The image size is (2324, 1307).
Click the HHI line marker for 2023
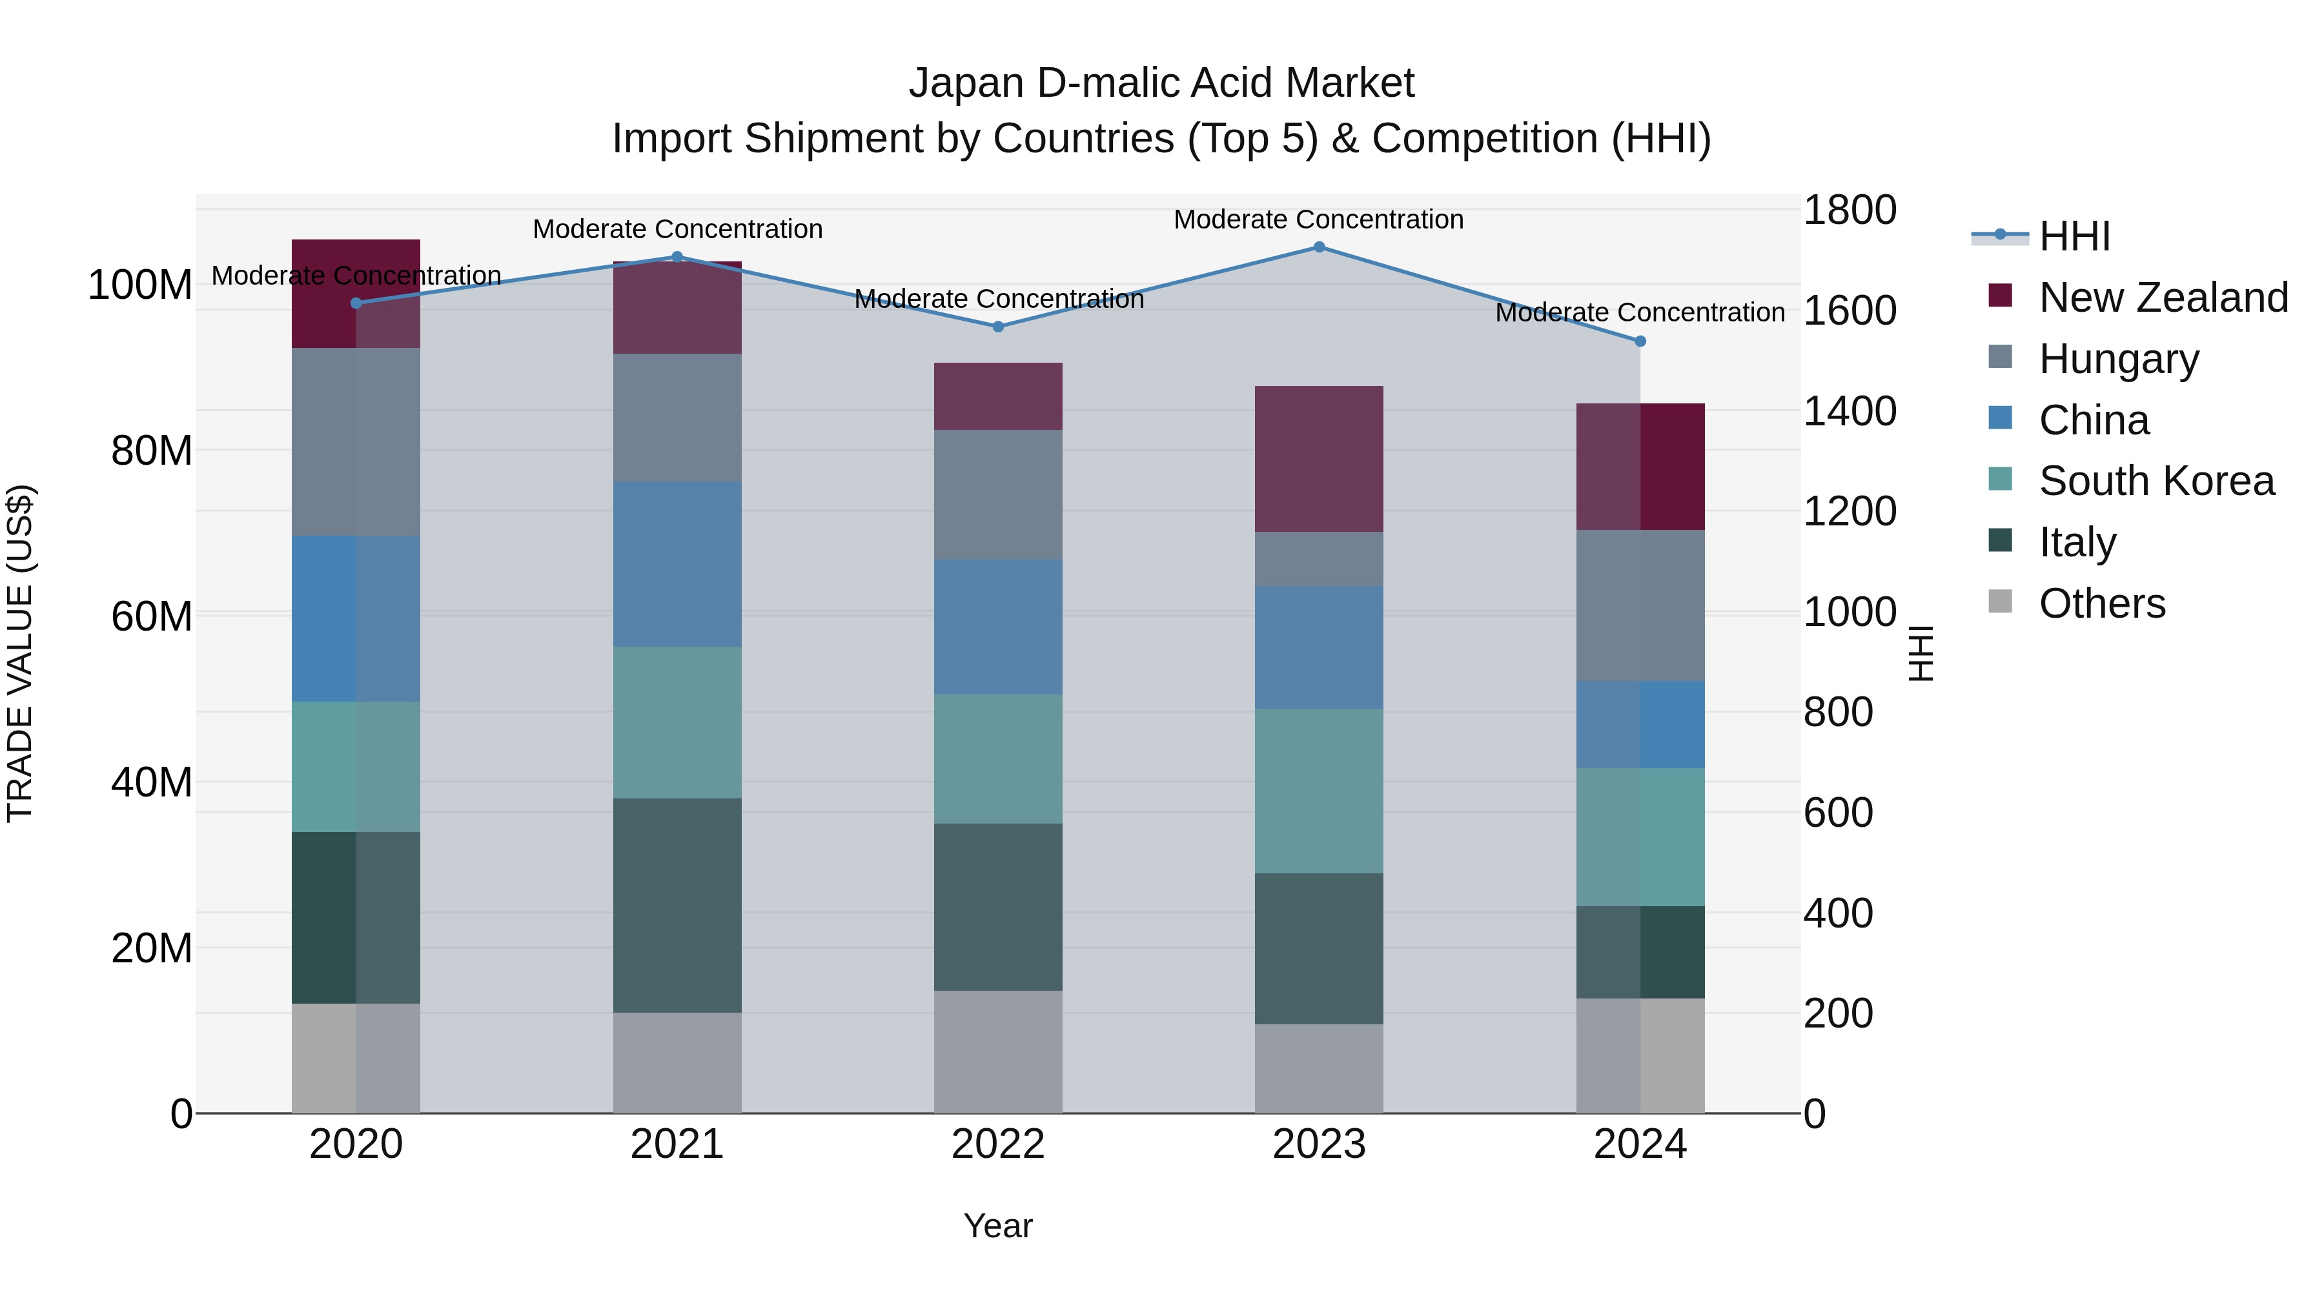pyautogui.click(x=1319, y=247)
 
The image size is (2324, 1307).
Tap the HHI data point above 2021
pyautogui.click(x=678, y=257)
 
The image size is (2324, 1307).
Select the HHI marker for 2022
pyautogui.click(x=998, y=327)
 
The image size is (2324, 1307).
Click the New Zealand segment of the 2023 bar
pyautogui.click(x=1319, y=458)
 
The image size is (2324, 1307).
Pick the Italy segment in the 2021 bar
pyautogui.click(x=678, y=905)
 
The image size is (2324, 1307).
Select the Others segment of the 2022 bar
pyautogui.click(x=998, y=1052)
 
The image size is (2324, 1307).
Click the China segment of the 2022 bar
pyautogui.click(x=998, y=627)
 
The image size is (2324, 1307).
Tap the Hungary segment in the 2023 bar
pyautogui.click(x=1319, y=559)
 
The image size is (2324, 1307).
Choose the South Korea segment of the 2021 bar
pyautogui.click(x=678, y=722)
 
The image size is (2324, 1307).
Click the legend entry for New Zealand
pyautogui.click(x=2163, y=298)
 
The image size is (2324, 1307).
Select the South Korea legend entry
pyautogui.click(x=2156, y=481)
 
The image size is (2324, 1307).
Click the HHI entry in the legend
pyautogui.click(x=2074, y=236)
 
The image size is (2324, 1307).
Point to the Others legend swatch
pyautogui.click(x=2000, y=602)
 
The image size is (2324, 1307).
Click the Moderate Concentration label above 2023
pyautogui.click(x=1318, y=219)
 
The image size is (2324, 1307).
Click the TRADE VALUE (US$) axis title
pyautogui.click(x=21, y=653)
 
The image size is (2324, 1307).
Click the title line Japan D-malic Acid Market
pyautogui.click(x=1161, y=83)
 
